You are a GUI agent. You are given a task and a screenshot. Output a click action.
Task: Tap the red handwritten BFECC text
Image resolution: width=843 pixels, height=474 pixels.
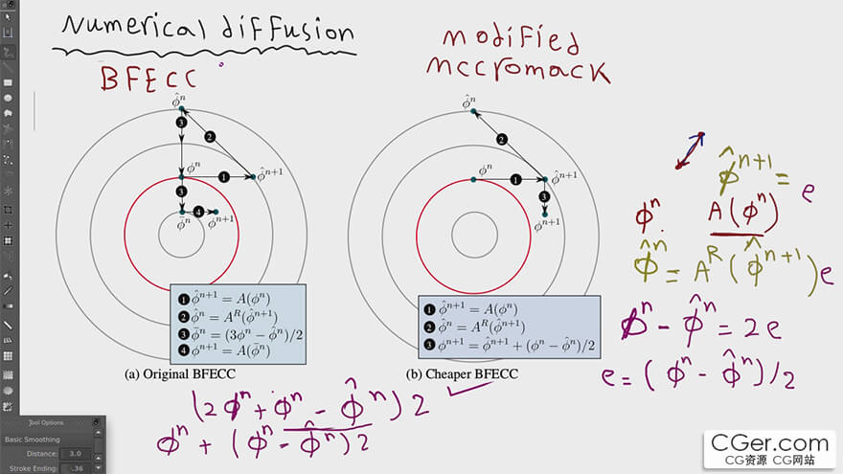tap(148, 77)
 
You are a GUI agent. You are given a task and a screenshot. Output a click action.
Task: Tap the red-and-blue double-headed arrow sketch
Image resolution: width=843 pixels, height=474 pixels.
tap(690, 150)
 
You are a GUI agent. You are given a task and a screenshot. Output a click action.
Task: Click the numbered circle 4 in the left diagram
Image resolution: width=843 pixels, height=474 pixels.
tap(197, 211)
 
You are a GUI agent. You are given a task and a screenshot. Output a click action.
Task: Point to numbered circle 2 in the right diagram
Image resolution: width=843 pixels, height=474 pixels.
tap(501, 140)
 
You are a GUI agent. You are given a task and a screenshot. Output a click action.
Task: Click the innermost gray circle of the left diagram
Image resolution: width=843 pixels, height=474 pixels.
tap(180, 235)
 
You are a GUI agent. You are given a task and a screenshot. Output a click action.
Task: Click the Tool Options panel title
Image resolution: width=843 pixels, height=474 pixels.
tap(46, 421)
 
